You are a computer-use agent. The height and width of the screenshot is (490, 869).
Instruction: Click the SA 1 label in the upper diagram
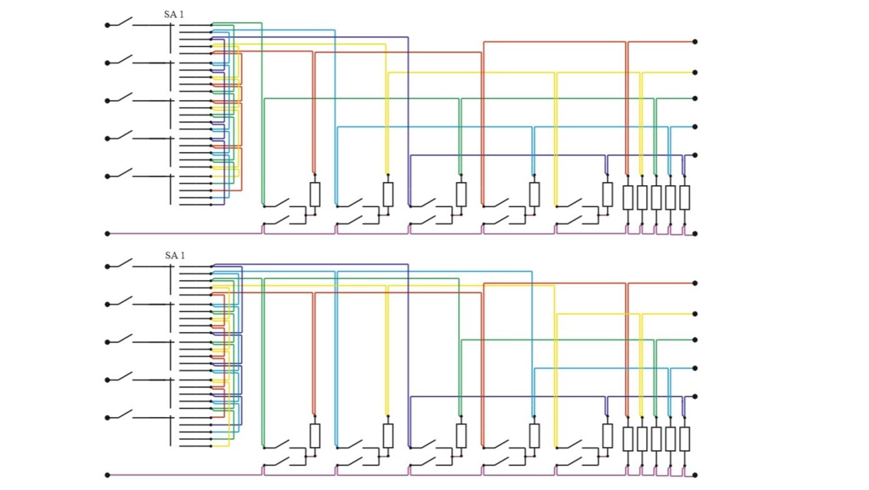point(174,14)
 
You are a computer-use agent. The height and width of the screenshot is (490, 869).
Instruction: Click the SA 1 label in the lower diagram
point(175,256)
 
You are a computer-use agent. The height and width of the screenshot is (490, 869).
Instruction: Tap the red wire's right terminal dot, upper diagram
point(695,42)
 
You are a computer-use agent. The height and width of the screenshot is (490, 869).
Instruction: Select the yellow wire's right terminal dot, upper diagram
point(695,72)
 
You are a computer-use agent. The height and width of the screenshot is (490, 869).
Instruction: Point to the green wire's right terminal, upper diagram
point(695,98)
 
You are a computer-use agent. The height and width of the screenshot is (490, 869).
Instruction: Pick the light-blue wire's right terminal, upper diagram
point(695,127)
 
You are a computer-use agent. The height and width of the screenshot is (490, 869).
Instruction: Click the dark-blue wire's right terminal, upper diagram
point(695,155)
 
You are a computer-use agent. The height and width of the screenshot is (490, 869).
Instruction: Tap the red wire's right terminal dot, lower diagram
point(695,283)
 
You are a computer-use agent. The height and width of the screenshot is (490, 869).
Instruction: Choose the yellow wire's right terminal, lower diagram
point(695,314)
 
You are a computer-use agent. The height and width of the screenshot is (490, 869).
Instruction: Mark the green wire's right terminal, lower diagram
point(695,340)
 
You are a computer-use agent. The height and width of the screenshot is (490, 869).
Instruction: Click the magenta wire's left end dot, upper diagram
point(107,234)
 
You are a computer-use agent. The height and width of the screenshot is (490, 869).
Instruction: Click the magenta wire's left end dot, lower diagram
point(107,475)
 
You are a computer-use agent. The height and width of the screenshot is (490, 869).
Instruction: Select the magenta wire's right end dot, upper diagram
point(695,234)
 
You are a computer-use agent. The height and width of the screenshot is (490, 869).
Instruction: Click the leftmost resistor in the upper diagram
point(315,194)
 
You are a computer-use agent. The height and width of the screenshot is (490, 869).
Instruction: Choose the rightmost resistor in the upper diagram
point(685,197)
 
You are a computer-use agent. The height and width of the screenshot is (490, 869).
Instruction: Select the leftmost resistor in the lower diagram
point(315,436)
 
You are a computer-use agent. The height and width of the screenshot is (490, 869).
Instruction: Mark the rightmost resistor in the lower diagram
point(685,439)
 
